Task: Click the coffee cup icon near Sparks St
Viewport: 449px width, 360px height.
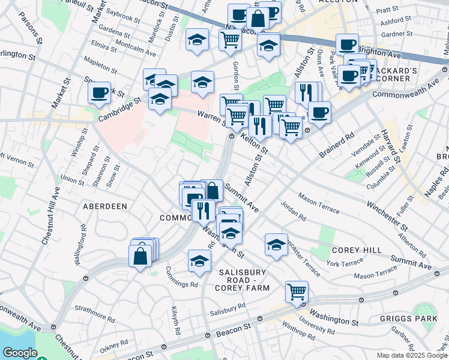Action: (x=100, y=92)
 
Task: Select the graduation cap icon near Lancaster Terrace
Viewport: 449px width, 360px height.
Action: (x=276, y=244)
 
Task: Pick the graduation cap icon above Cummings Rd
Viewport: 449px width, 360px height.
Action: (x=200, y=260)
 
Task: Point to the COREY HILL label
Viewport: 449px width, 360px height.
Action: (x=356, y=250)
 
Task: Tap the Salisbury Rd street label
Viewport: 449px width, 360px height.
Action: (x=228, y=308)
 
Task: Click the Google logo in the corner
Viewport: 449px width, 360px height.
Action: (x=19, y=353)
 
